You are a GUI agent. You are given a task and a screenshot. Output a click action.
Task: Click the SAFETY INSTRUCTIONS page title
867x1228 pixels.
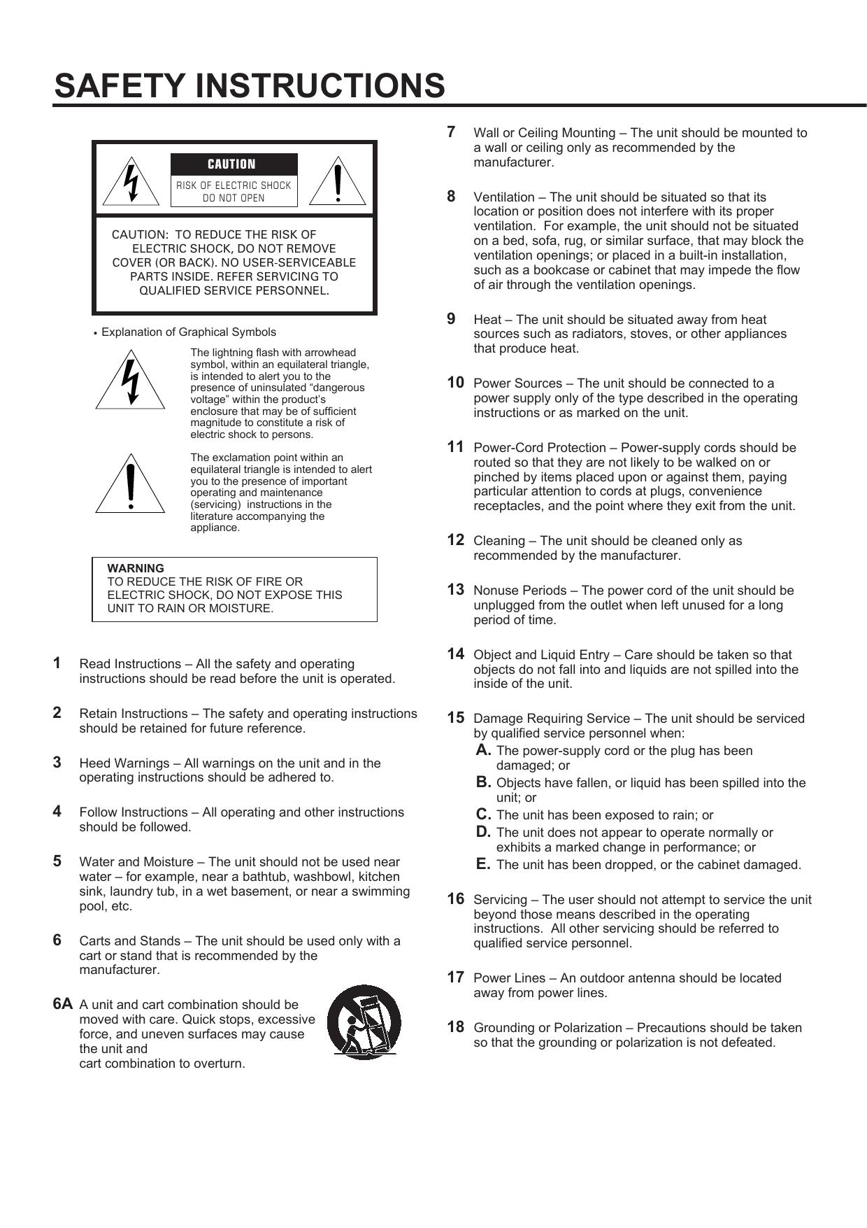[x=249, y=85]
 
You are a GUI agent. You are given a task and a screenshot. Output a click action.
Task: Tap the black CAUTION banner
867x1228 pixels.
[x=234, y=164]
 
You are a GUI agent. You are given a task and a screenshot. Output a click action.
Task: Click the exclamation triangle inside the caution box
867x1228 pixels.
[x=338, y=182]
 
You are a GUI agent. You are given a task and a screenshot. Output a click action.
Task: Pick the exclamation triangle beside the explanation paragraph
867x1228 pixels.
[x=130, y=484]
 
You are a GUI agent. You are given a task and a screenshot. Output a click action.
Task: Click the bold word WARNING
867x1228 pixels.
[x=136, y=568]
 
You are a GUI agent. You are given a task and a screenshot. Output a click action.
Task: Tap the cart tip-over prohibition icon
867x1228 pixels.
[x=364, y=1022]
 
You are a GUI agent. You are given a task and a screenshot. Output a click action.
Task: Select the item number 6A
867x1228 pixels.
[x=62, y=1004]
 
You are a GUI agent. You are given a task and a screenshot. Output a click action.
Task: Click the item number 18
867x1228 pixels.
[x=455, y=1027]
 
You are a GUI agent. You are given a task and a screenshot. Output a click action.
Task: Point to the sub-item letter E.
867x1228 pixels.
[x=483, y=864]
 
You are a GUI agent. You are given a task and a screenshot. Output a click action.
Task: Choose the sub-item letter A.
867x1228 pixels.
[x=483, y=750]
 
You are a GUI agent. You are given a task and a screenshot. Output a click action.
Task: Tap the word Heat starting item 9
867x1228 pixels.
[x=487, y=320]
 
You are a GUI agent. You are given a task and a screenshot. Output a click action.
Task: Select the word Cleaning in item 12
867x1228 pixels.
[x=498, y=541]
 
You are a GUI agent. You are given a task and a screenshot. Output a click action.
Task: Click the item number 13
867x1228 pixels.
[x=455, y=590]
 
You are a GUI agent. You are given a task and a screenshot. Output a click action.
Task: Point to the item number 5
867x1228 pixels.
[x=57, y=861]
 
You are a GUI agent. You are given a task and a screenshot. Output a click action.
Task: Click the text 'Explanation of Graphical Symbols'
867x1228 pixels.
[x=189, y=332]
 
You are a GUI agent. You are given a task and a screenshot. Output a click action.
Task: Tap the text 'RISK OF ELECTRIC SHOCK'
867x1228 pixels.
[x=234, y=185]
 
